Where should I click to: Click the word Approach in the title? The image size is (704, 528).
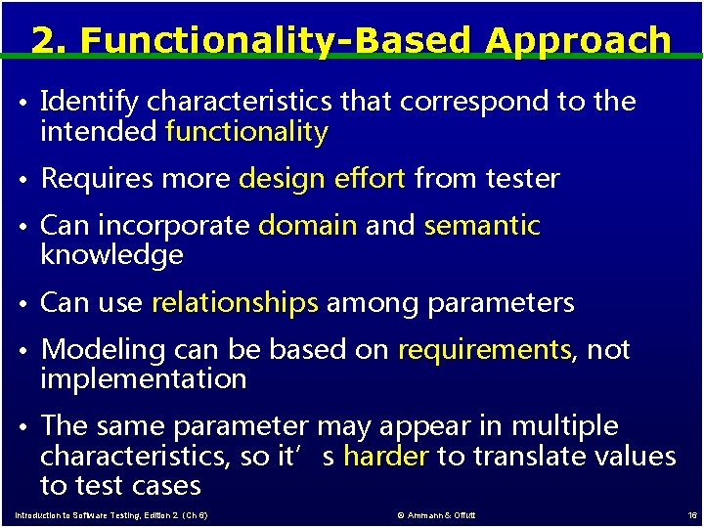point(578,41)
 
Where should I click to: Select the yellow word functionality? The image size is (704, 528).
point(246,132)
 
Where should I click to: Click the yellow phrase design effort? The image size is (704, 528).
point(322,179)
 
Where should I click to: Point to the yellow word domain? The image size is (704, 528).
point(307,226)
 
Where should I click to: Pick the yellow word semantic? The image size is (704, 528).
point(482,226)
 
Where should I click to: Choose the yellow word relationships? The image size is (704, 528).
point(235,303)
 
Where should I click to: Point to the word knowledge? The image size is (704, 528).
point(111,256)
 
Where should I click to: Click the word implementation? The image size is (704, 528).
point(143,379)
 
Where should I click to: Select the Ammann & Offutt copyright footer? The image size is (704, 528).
point(436,515)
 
